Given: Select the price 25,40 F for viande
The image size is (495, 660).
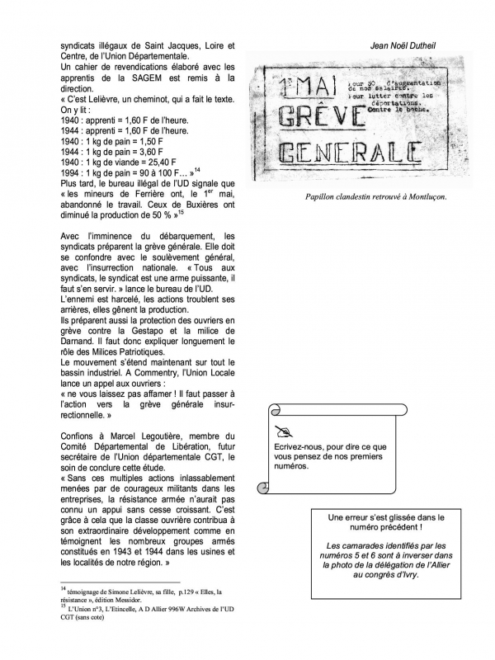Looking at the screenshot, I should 167,163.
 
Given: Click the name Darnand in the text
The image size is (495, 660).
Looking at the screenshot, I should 80,341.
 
